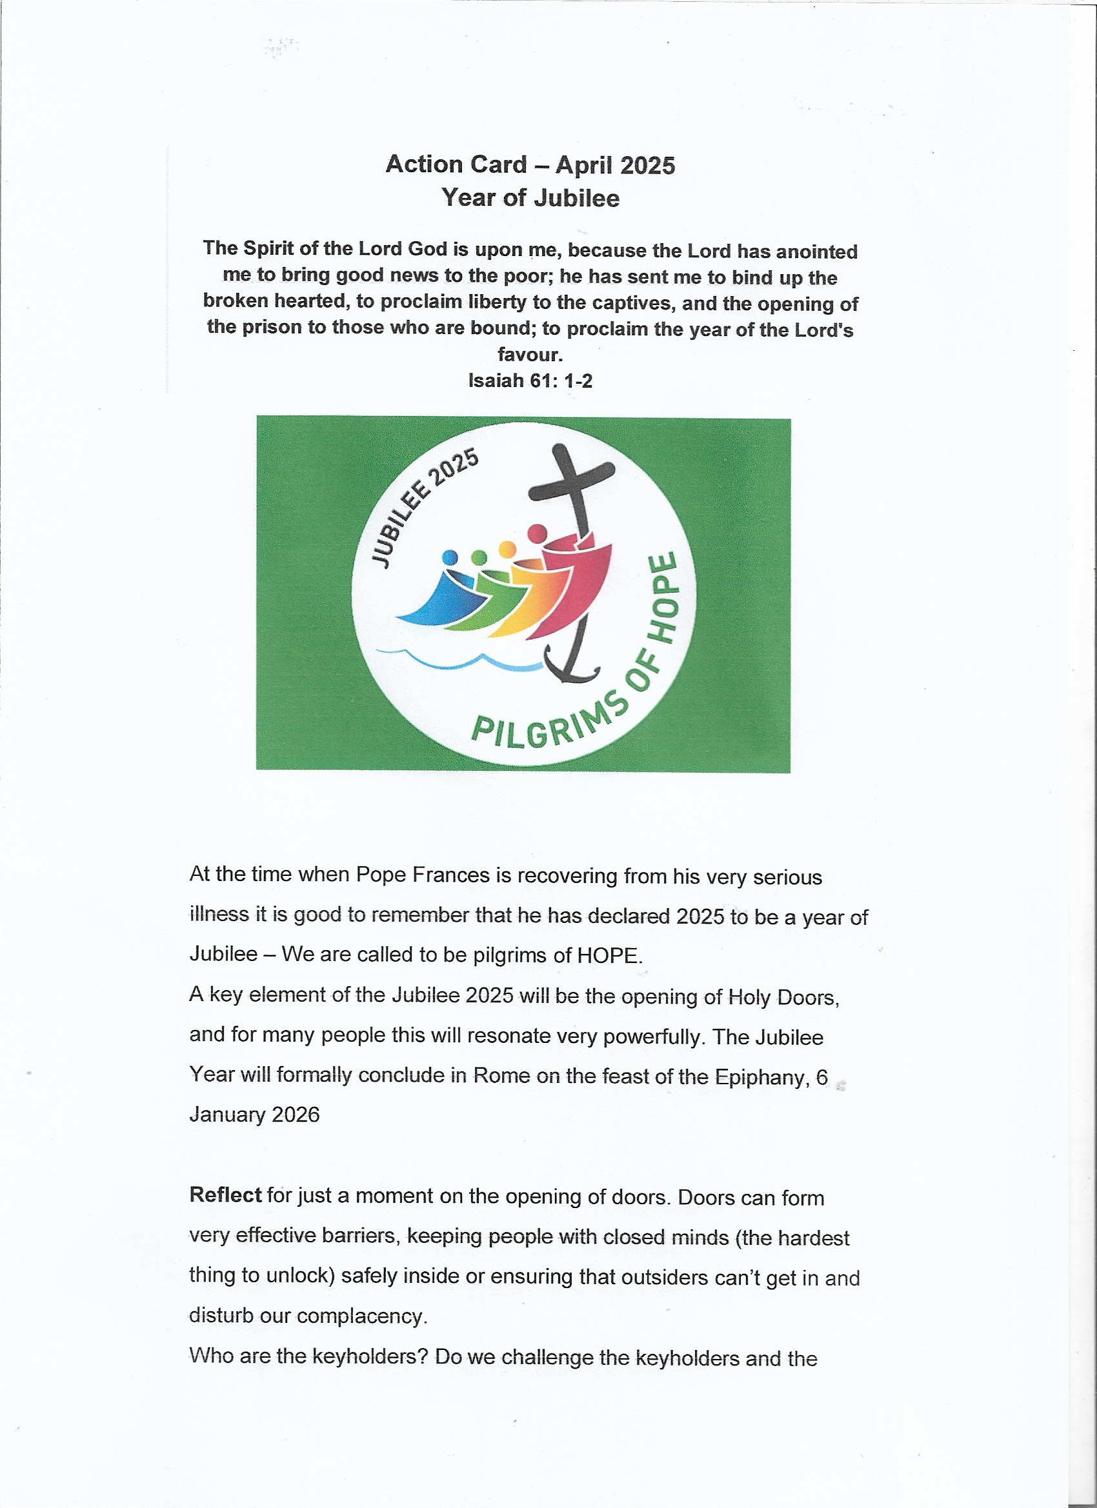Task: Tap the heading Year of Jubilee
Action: [x=530, y=198]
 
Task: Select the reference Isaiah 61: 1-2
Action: [x=530, y=381]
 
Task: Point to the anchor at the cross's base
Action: [x=571, y=666]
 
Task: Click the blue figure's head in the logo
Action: [x=450, y=557]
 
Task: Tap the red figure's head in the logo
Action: [x=537, y=533]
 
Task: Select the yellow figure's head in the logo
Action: [x=507, y=548]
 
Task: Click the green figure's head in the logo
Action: [x=478, y=557]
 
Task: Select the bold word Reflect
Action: [x=225, y=1195]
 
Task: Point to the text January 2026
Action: [x=254, y=1115]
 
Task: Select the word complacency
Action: [x=359, y=1316]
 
